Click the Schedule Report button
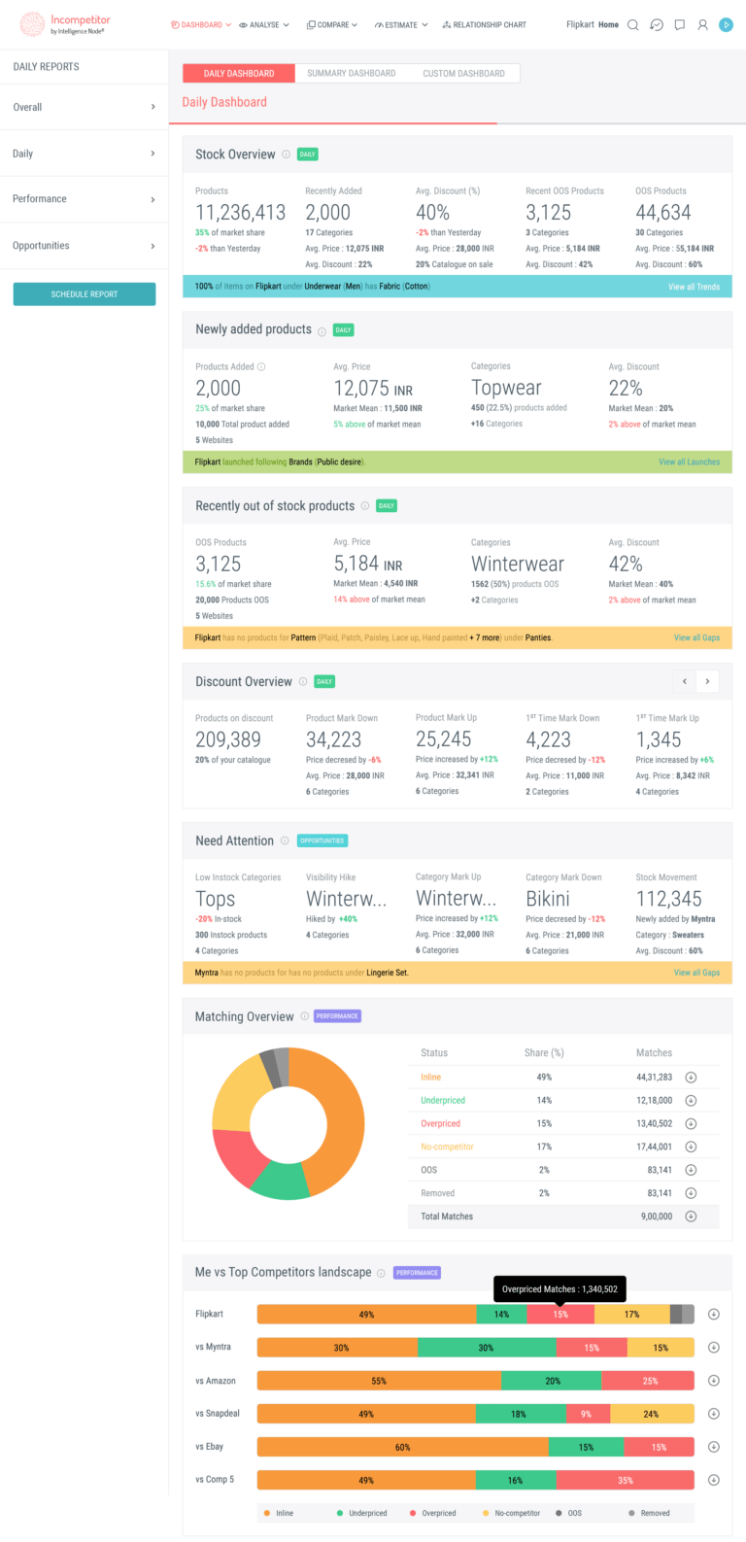point(85,293)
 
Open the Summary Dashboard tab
point(351,73)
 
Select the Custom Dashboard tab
point(463,73)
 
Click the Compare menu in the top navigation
point(332,24)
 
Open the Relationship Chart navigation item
point(484,24)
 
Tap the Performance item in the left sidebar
point(84,199)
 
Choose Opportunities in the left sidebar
point(84,246)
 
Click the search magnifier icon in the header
point(633,24)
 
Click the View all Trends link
point(694,287)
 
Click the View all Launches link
point(689,463)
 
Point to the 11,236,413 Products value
point(240,212)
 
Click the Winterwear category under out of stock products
point(517,564)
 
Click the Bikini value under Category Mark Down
point(548,899)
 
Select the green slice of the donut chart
point(281,1179)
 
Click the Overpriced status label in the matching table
point(440,1123)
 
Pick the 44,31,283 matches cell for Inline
point(654,1077)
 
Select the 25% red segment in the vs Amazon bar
point(649,1381)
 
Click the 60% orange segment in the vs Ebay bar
point(402,1447)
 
